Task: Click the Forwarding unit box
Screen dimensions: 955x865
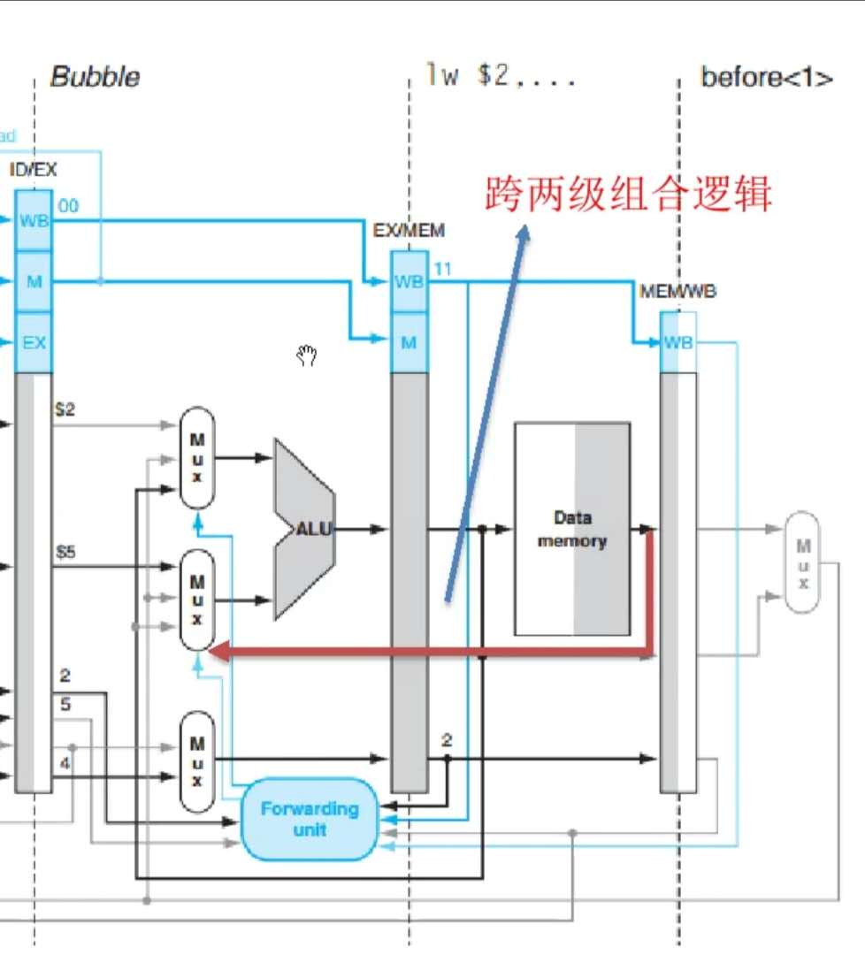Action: pyautogui.click(x=310, y=819)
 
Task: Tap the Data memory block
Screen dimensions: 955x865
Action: pyautogui.click(x=572, y=529)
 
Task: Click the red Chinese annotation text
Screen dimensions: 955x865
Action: pyautogui.click(x=627, y=194)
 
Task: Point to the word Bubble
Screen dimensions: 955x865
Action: pyautogui.click(x=95, y=77)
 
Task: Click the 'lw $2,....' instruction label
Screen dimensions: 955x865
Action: pyautogui.click(x=500, y=76)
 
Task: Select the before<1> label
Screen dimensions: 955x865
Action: pyautogui.click(x=766, y=78)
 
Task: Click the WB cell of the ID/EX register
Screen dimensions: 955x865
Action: pyautogui.click(x=34, y=220)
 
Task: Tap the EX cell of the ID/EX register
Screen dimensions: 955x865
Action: pyautogui.click(x=34, y=342)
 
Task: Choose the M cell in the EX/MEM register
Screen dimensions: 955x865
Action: pyautogui.click(x=408, y=342)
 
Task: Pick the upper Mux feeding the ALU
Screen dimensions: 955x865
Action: pyautogui.click(x=197, y=457)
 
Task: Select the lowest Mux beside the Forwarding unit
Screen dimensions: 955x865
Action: pyautogui.click(x=197, y=762)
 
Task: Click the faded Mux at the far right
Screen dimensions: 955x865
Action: pyautogui.click(x=802, y=562)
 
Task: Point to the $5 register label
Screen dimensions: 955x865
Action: pyautogui.click(x=65, y=553)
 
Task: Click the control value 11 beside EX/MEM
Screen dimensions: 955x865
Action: pyautogui.click(x=443, y=268)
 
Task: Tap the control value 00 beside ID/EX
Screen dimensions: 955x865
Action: pyautogui.click(x=68, y=206)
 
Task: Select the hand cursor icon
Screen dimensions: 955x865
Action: pyautogui.click(x=307, y=356)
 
